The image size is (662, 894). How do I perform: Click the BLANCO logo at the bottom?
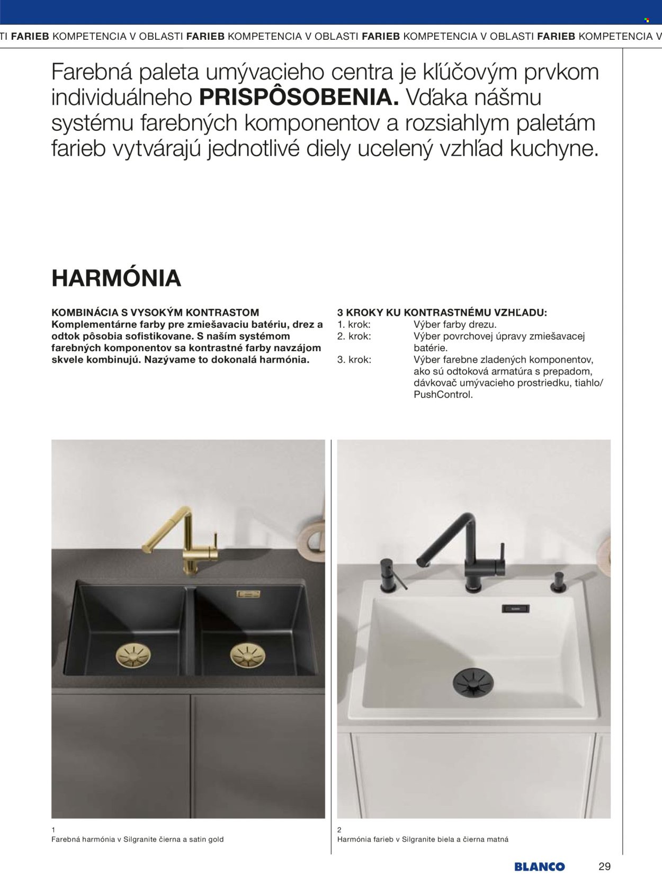tap(539, 867)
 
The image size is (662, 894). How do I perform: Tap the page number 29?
tap(604, 867)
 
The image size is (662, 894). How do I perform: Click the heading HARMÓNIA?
tap(116, 279)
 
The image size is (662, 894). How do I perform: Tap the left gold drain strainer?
tap(133, 656)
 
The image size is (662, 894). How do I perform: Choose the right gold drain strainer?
tap(248, 656)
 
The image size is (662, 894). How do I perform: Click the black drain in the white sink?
tap(473, 682)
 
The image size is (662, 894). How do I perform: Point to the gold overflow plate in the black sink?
tap(248, 594)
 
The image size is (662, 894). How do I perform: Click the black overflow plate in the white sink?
tap(515, 609)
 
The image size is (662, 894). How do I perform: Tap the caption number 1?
tap(53, 830)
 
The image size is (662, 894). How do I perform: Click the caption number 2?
tap(339, 830)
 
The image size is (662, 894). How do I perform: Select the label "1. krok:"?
tap(354, 325)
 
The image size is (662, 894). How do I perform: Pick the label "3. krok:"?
tap(354, 360)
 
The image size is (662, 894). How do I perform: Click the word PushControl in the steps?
tap(443, 395)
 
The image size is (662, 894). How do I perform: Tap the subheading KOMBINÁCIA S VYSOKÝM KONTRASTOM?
tap(155, 312)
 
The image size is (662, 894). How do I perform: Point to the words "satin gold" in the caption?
tap(207, 839)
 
